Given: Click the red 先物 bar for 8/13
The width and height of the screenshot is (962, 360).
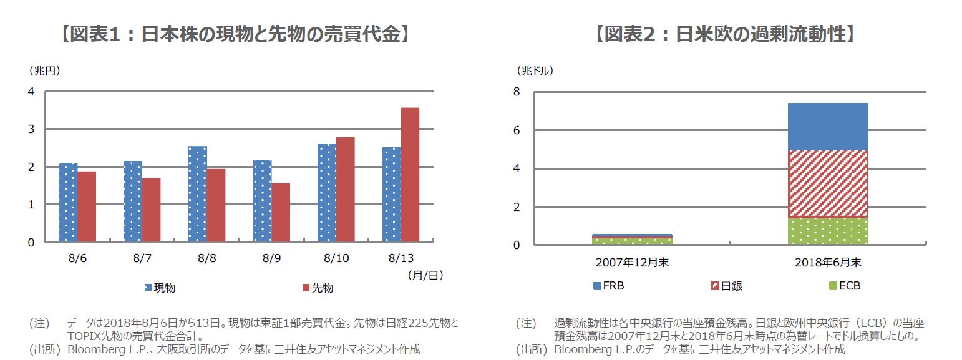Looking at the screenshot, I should tap(410, 175).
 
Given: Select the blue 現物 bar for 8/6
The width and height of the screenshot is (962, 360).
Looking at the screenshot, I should tap(68, 203).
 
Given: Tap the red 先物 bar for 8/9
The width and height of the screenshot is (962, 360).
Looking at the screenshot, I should tap(281, 212).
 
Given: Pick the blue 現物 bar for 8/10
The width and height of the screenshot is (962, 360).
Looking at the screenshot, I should tap(327, 193).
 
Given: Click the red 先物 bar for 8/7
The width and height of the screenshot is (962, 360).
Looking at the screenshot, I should tap(151, 210).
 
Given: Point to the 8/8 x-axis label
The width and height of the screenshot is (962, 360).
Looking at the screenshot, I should tap(206, 258).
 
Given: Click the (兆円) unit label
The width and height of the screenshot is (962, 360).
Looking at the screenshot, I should tap(44, 71).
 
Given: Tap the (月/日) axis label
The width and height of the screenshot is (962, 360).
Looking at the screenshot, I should tap(425, 274).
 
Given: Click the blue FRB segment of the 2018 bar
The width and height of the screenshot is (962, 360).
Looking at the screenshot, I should tap(827, 127).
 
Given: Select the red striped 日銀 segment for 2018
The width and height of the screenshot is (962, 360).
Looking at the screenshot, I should tap(827, 184).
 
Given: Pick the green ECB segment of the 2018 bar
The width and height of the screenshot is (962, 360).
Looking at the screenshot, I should tap(827, 231).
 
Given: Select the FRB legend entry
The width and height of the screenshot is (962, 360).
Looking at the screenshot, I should tap(608, 286).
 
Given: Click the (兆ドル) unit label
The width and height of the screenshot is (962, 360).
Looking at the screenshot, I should tap(535, 71).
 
